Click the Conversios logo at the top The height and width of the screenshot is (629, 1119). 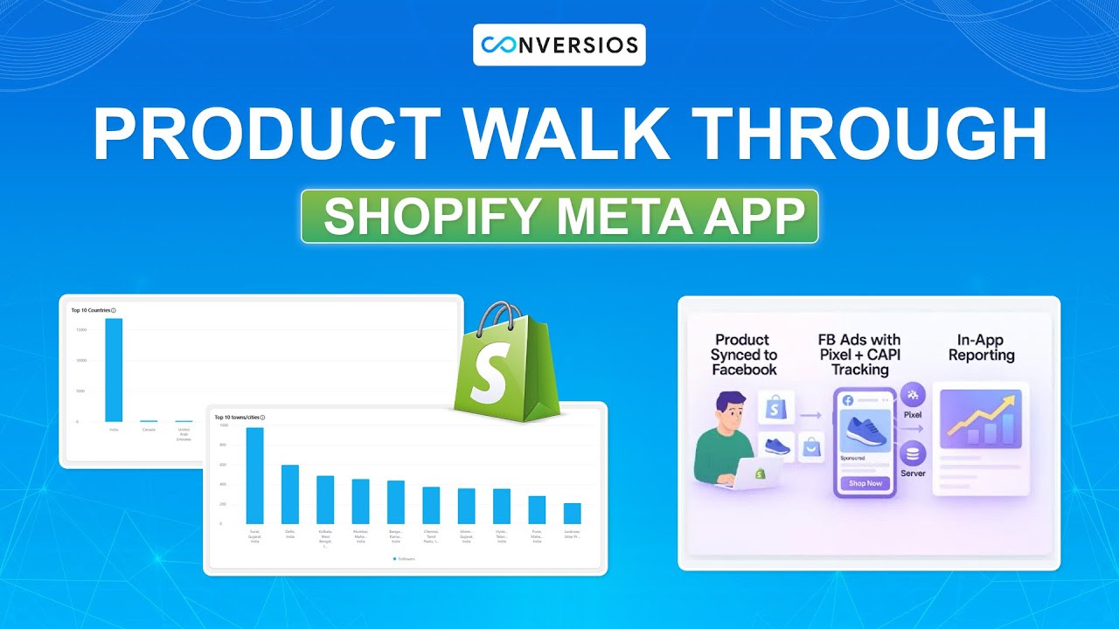(x=559, y=45)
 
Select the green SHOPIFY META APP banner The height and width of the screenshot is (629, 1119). (x=559, y=216)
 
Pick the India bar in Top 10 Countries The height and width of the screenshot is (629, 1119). (x=114, y=370)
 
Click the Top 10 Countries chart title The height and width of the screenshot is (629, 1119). (x=94, y=310)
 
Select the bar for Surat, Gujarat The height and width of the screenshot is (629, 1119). (x=254, y=476)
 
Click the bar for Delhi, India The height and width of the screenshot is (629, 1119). (x=290, y=494)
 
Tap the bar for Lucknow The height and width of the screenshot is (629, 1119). (x=572, y=514)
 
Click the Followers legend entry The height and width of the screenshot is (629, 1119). (x=405, y=558)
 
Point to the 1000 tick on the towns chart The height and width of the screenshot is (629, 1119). (x=222, y=425)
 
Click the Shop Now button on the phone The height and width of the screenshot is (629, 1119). (x=865, y=483)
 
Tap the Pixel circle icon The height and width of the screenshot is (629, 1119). (x=913, y=395)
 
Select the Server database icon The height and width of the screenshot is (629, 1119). (x=913, y=454)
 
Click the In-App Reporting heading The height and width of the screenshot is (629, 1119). (x=981, y=348)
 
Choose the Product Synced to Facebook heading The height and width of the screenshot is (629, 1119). (x=743, y=354)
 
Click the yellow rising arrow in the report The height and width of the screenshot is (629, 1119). (x=979, y=418)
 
